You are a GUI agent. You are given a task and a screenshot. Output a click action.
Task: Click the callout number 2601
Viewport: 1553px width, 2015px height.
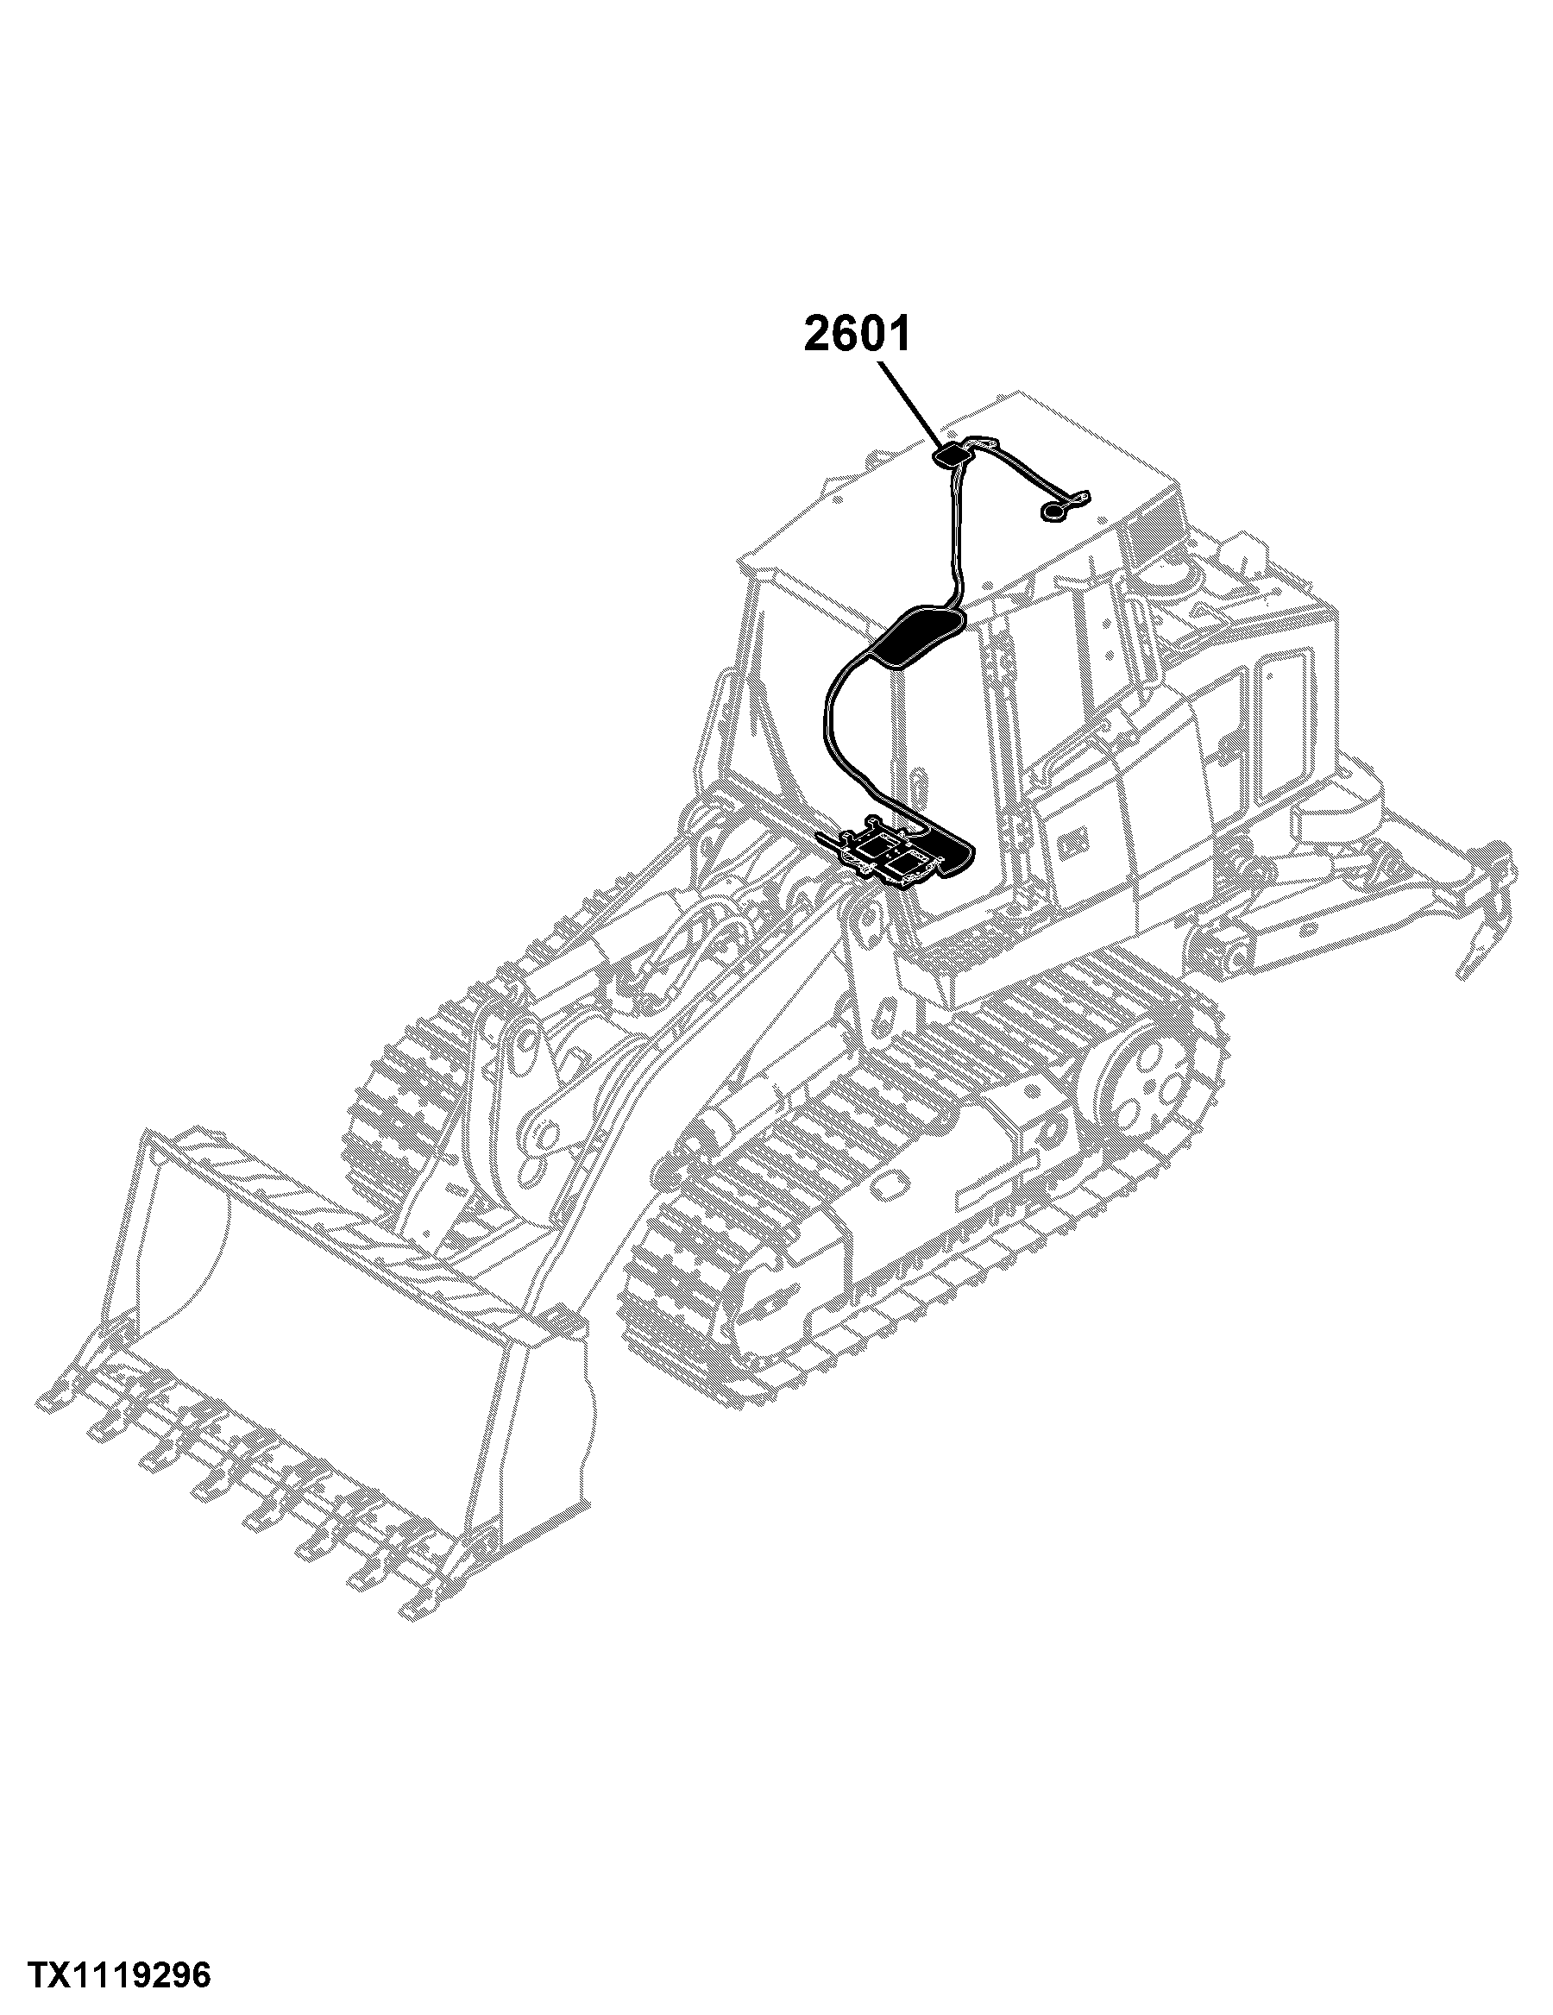click(x=858, y=333)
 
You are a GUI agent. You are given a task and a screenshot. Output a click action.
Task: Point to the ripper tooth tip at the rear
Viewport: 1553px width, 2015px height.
click(x=1463, y=973)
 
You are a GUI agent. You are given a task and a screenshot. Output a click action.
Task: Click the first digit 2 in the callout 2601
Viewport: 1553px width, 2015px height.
click(x=818, y=333)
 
